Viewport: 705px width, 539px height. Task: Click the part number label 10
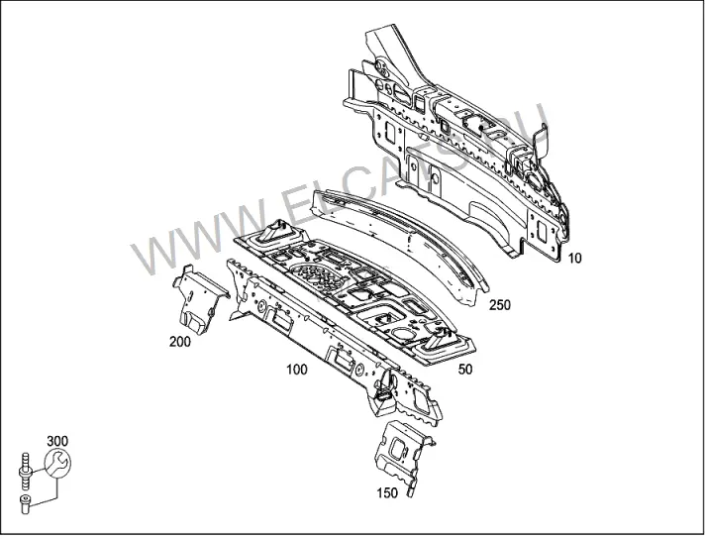click(x=574, y=259)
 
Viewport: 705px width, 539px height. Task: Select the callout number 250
click(x=500, y=305)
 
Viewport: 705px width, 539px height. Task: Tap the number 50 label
click(x=465, y=369)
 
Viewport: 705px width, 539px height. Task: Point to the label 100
click(x=297, y=370)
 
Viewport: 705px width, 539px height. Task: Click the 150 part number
click(x=387, y=493)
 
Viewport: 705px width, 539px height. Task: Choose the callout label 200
click(x=180, y=342)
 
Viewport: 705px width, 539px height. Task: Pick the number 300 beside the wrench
click(x=57, y=441)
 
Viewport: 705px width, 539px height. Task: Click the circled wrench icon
click(x=57, y=463)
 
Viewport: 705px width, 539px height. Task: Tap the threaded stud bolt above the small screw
click(x=25, y=471)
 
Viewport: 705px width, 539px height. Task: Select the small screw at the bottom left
click(x=25, y=503)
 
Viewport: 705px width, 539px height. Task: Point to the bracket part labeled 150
click(x=402, y=456)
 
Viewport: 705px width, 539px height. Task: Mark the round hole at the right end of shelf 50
click(x=401, y=333)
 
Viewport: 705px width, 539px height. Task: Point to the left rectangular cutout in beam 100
click(x=280, y=319)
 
